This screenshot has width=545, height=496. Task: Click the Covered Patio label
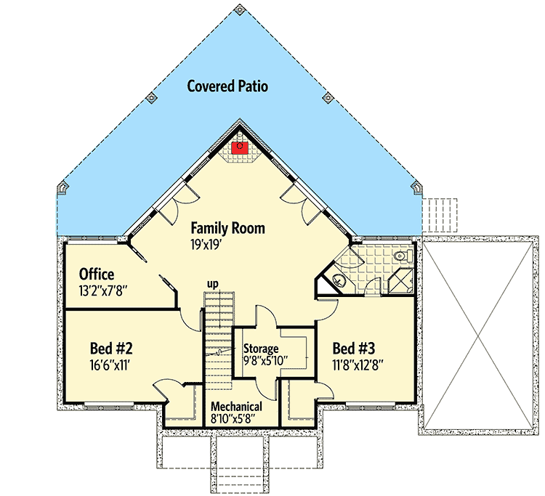pyautogui.click(x=227, y=86)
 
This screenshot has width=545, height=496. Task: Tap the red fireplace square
pyautogui.click(x=240, y=148)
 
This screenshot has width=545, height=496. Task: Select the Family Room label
pyautogui.click(x=227, y=229)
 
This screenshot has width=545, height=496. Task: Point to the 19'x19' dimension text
pyautogui.click(x=206, y=245)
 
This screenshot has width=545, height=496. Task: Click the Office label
pyautogui.click(x=97, y=275)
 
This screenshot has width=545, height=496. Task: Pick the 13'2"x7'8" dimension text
pyautogui.click(x=104, y=290)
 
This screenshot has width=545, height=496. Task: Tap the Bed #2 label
pyautogui.click(x=111, y=348)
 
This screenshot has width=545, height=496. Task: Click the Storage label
pyautogui.click(x=261, y=348)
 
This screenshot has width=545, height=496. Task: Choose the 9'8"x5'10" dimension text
pyautogui.click(x=266, y=359)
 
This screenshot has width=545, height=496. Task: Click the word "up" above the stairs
pyautogui.click(x=214, y=283)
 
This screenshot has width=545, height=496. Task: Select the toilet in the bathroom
pyautogui.click(x=400, y=256)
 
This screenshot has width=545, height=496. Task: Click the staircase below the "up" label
pyautogui.click(x=217, y=341)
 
